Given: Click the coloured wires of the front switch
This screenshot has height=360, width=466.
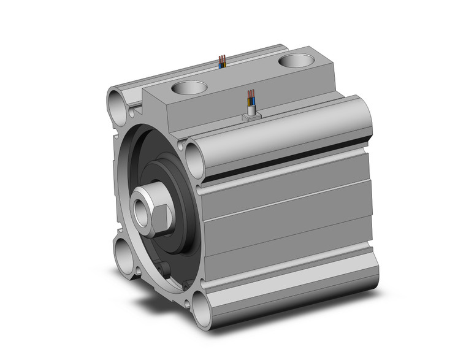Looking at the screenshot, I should pos(251,98).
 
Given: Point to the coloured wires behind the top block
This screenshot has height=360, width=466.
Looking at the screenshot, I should pos(222,61).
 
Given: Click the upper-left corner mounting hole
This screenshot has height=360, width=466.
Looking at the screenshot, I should pos(118,99).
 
